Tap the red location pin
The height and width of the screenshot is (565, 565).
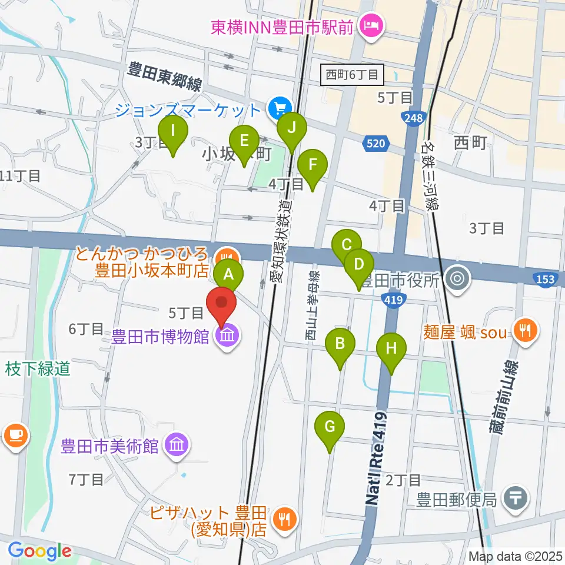coord(222,304)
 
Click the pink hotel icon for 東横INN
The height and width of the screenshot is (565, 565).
coord(373,25)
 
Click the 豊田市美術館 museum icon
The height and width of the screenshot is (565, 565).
coord(177,445)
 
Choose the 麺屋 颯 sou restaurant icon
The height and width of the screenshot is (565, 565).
coord(523,331)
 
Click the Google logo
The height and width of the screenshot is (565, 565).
coord(39,551)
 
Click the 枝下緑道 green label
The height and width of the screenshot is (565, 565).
coord(38,368)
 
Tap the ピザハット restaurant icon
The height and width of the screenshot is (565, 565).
coord(285,519)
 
